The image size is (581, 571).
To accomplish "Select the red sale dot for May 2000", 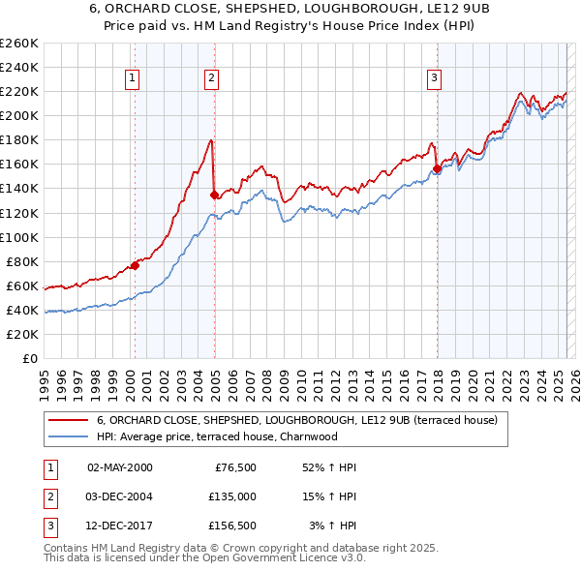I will pyautogui.click(x=135, y=265).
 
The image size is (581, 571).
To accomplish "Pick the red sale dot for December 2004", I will pyautogui.click(x=214, y=195).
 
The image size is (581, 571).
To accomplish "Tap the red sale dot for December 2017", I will pyautogui.click(x=437, y=168).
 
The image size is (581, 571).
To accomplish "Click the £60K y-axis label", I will pyautogui.click(x=23, y=285).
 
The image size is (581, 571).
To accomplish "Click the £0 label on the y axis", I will pyautogui.click(x=31, y=358).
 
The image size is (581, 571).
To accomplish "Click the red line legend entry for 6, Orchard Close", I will pyautogui.click(x=296, y=420).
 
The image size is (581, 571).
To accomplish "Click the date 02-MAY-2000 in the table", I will pyautogui.click(x=120, y=467).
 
